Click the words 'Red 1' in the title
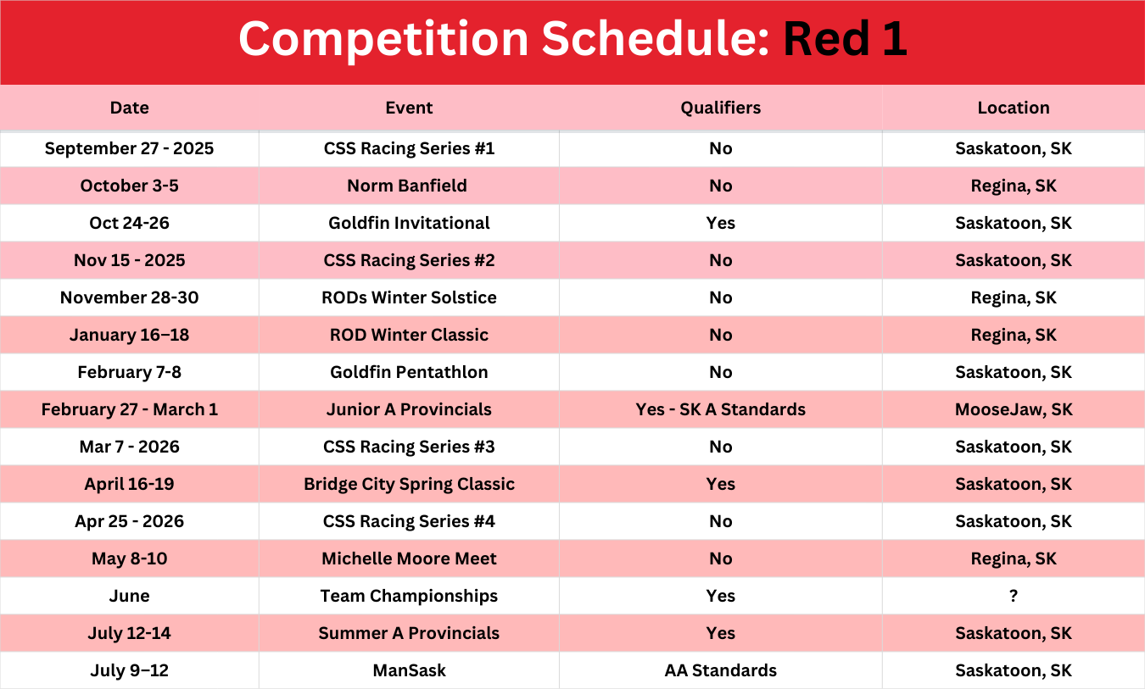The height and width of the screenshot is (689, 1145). (845, 39)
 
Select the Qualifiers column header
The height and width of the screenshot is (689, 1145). (720, 108)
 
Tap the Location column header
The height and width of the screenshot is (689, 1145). (1014, 108)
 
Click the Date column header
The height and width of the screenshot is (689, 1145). (129, 108)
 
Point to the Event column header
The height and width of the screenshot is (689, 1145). (409, 108)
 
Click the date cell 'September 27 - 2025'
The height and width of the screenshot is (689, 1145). (129, 148)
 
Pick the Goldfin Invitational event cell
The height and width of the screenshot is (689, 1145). (409, 223)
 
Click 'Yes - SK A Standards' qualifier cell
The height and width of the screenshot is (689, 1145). (720, 409)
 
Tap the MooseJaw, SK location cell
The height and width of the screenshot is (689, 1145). (1014, 409)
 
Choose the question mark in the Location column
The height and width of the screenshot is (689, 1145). (1014, 596)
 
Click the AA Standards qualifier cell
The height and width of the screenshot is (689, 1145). (720, 670)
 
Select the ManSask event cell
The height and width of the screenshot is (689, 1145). (409, 670)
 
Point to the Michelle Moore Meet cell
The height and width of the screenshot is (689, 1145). (409, 558)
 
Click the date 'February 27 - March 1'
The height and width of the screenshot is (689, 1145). (129, 409)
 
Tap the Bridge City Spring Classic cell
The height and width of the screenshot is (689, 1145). (409, 484)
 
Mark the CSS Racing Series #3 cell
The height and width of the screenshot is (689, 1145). (409, 447)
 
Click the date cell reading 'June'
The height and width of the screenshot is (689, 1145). (129, 596)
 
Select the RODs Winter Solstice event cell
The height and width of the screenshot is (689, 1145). (409, 297)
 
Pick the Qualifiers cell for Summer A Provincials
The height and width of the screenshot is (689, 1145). (720, 633)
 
